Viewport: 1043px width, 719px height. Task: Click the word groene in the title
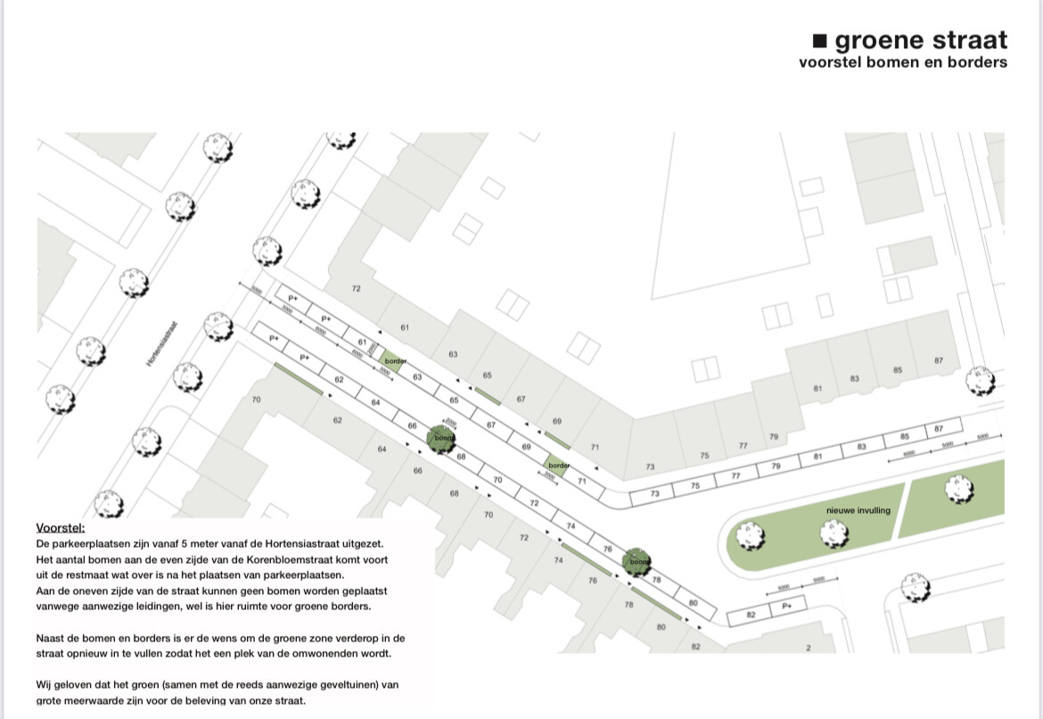coord(879,40)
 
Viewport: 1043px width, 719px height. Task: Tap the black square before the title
coord(820,40)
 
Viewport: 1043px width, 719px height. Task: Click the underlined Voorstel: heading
coord(61,527)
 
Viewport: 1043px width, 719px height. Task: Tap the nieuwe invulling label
coord(858,510)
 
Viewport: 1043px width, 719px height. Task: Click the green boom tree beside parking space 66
coord(440,438)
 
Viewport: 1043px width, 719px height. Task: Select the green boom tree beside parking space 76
coord(637,561)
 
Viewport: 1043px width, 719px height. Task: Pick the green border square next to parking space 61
coord(390,361)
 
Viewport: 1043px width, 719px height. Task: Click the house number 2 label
coord(809,647)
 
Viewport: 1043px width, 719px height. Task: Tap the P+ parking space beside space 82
coord(788,607)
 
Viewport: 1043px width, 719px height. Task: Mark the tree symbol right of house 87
coord(980,381)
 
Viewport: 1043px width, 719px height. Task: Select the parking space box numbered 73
coord(655,493)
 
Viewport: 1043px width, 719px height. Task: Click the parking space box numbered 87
coord(939,429)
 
